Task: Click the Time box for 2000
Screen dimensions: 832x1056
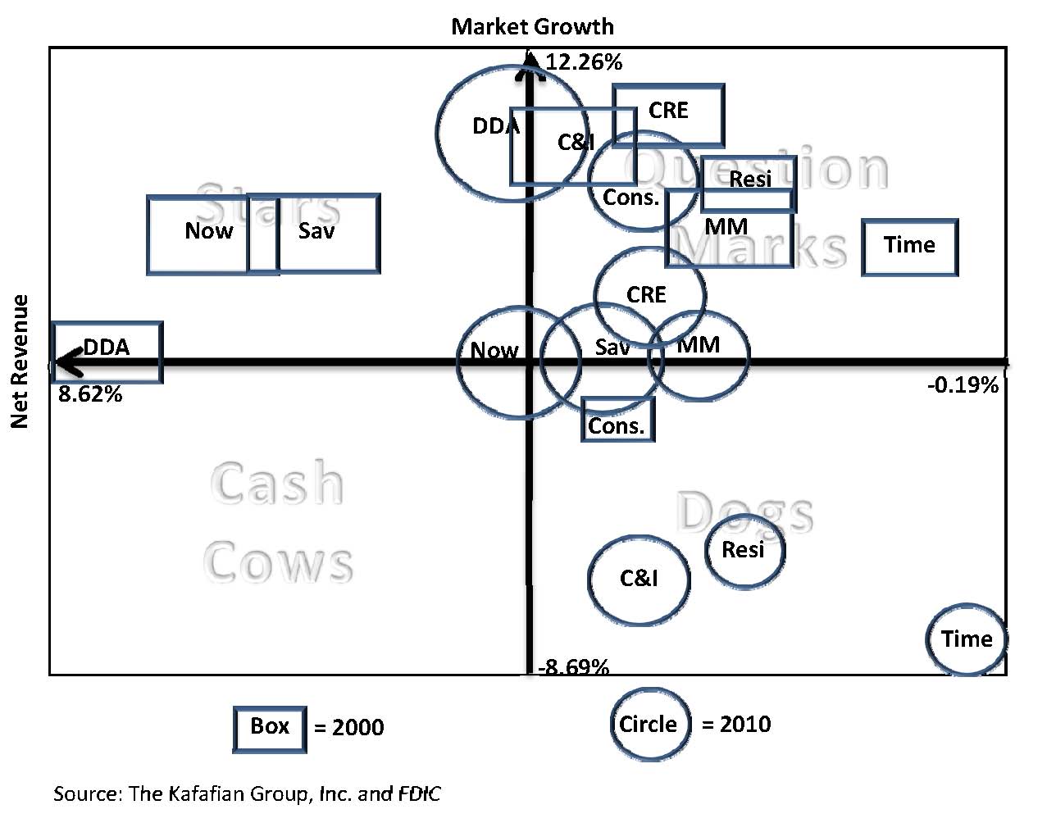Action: [x=909, y=246]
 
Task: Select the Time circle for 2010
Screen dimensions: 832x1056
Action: [x=966, y=639]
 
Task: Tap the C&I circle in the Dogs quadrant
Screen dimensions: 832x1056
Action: [x=639, y=580]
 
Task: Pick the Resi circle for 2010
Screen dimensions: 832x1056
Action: [x=744, y=550]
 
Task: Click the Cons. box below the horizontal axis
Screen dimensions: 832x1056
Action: [x=617, y=420]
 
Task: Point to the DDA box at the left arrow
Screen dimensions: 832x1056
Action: [x=107, y=352]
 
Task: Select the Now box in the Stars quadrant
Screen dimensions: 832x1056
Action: [x=209, y=234]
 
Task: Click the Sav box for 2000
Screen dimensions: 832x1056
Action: [x=326, y=233]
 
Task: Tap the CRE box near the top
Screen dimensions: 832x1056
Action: [x=668, y=113]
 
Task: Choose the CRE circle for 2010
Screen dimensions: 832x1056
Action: [x=649, y=294]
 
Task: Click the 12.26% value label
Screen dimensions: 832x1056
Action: [x=584, y=62]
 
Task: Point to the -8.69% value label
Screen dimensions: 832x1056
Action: [x=574, y=666]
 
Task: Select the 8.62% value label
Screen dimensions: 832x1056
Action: [x=90, y=395]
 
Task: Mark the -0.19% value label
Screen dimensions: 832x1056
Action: [x=963, y=385]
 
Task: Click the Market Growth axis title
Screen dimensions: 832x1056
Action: [x=532, y=26]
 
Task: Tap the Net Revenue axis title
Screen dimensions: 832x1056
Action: [x=20, y=361]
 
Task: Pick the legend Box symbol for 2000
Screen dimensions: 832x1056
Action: [x=270, y=727]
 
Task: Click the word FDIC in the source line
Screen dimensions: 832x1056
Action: [x=419, y=793]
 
